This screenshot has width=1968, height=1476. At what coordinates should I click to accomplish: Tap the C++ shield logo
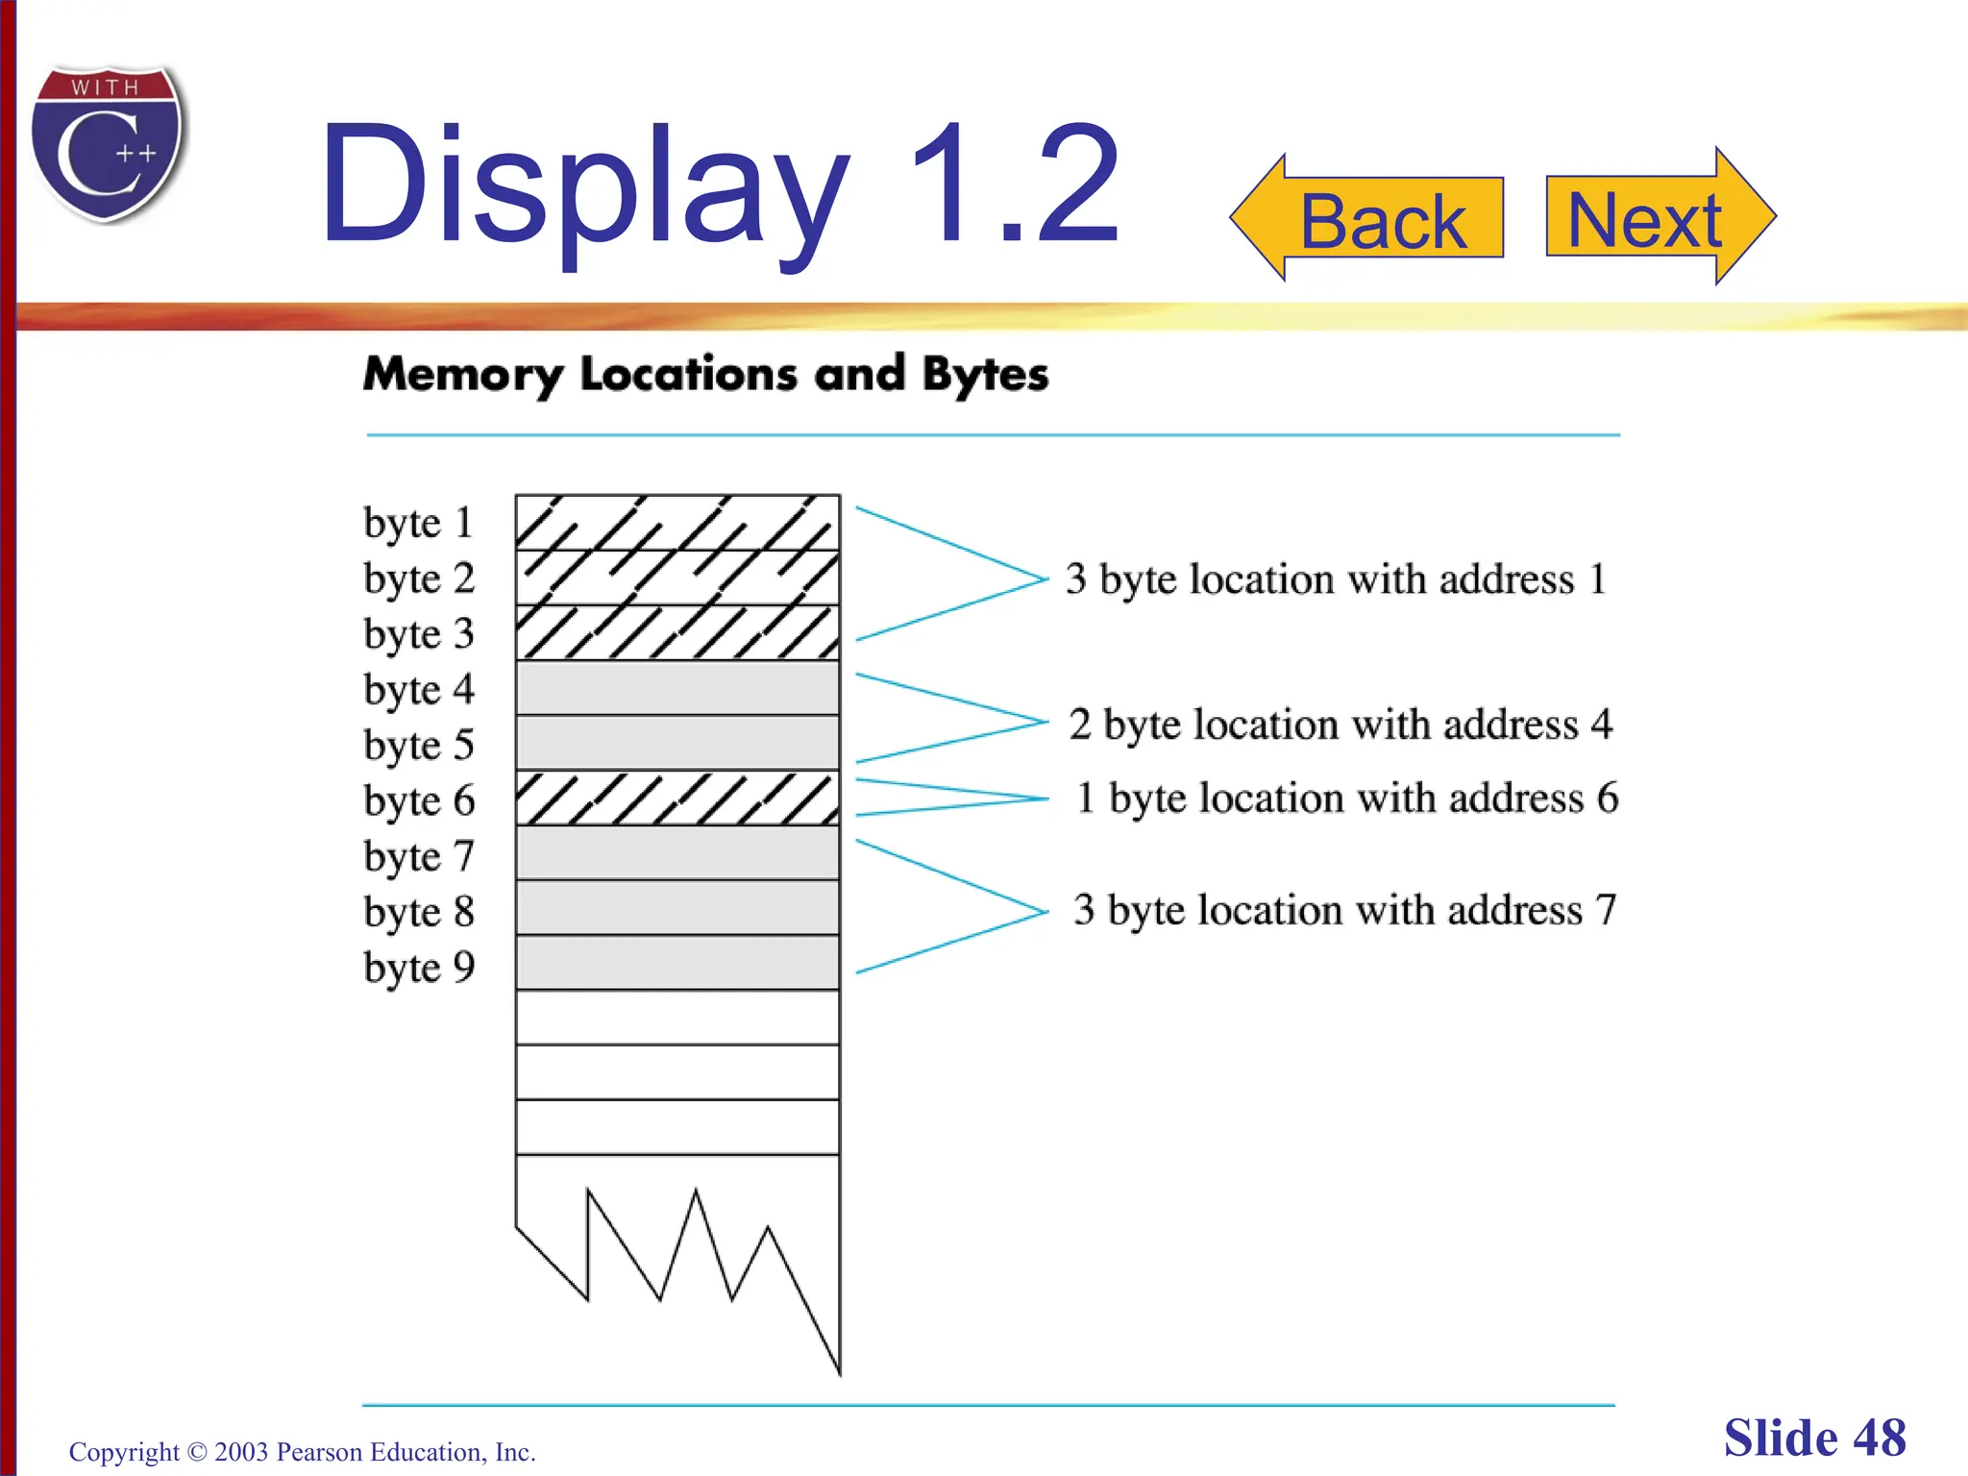click(108, 144)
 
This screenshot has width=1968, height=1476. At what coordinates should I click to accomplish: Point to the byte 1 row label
click(419, 523)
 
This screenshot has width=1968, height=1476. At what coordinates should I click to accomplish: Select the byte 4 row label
click(419, 690)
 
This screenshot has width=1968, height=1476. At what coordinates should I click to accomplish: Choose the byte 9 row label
click(419, 968)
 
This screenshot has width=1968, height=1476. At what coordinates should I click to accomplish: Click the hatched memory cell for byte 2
click(677, 578)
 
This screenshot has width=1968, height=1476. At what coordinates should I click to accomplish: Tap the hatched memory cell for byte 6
click(677, 799)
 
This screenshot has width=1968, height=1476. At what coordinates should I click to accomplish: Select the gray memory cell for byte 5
click(677, 743)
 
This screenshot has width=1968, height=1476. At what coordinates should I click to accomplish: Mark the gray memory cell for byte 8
click(677, 908)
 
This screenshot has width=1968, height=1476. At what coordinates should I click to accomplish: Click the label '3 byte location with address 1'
click(1336, 579)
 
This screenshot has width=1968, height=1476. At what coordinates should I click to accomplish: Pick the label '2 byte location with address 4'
click(1341, 725)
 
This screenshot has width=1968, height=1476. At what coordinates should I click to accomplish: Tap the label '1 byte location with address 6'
click(1347, 799)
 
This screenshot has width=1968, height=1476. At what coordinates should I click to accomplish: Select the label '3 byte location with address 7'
click(1345, 910)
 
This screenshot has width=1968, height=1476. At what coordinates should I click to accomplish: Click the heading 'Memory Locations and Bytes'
click(706, 375)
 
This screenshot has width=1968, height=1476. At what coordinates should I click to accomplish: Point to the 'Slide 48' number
click(1814, 1439)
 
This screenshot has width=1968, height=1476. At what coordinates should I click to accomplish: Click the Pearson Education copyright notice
click(303, 1452)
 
